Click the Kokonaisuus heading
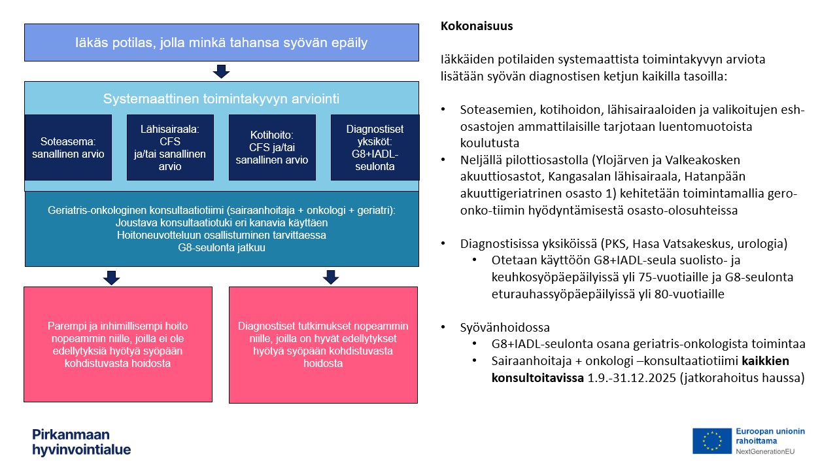pos(477,27)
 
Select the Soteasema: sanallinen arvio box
pos(68,147)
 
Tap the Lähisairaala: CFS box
pos(171,147)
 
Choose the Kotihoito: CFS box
pos(272,147)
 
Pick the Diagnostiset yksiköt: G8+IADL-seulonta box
pos(375,147)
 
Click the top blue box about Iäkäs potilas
pos(221,43)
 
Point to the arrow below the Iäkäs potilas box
pos(221,71)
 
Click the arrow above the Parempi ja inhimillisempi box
pos(112,277)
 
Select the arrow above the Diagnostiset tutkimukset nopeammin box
pos(331,277)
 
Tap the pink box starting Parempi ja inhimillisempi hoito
pos(118,344)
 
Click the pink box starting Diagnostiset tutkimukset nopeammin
pos(323,344)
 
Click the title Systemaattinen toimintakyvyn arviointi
pos(221,99)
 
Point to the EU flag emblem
pos(711,440)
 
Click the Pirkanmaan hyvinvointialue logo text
pos(81,442)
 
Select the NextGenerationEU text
pos(765,451)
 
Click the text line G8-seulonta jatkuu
pos(221,249)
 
